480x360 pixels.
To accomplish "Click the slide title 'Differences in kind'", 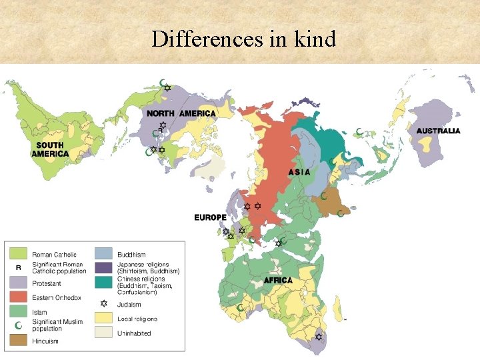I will point(243,39).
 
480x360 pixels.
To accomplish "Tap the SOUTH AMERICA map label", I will point(50,149).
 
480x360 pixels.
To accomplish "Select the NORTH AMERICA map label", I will point(181,113).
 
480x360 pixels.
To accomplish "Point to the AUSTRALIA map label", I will point(438,131).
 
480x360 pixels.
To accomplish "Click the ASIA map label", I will point(299,172).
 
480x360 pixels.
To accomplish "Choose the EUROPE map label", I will point(210,217).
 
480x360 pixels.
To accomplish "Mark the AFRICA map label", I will point(277,280).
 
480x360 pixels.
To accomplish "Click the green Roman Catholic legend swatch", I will point(18,254).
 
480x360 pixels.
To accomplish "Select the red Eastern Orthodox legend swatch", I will point(18,297).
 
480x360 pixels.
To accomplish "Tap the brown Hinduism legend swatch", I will point(18,341).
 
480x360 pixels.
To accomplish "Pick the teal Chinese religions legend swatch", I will point(103,282).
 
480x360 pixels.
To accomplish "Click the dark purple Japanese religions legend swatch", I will point(103,268).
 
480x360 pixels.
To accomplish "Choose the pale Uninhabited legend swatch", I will point(103,333).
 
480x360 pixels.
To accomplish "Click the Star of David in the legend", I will point(103,304).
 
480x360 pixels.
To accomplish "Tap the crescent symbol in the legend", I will point(18,325).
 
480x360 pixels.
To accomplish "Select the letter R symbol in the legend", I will point(18,268).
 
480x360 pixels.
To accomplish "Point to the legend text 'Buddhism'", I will point(131,255).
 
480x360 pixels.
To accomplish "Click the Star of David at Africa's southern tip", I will point(318,337).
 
